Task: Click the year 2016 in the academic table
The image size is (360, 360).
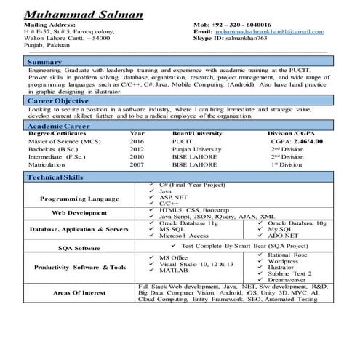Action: pos(137,141)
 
